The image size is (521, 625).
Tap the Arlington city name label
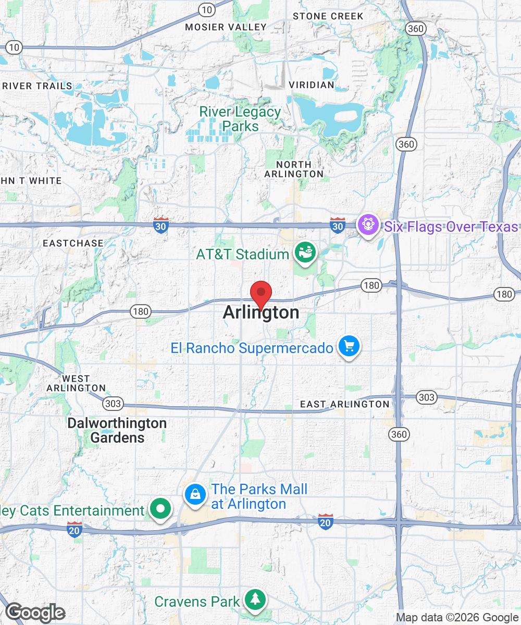261,312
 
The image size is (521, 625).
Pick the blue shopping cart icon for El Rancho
349,346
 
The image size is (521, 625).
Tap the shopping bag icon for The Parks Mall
194,494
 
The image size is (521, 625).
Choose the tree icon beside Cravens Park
255,599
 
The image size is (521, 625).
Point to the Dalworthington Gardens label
117,430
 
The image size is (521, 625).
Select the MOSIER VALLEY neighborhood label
226,27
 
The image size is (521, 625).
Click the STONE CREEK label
328,16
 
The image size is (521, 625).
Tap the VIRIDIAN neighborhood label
312,85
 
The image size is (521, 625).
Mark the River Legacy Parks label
240,119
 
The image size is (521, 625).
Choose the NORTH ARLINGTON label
294,169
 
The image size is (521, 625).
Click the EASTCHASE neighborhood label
73,243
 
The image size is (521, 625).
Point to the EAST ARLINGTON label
344,404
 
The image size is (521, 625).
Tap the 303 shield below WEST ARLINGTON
113,403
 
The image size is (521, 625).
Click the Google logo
35,612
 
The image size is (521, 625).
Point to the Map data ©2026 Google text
457,618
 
